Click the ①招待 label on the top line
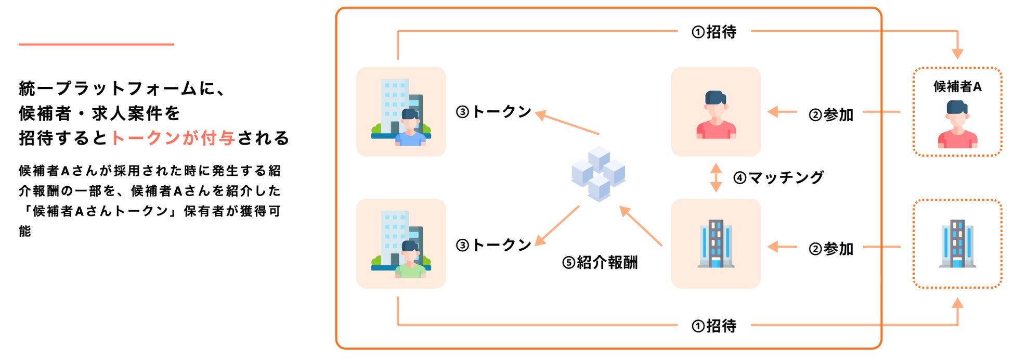(x=714, y=32)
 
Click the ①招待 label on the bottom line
(x=714, y=326)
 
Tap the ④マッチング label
(x=778, y=177)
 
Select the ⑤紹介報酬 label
(x=600, y=262)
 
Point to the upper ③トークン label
(x=493, y=111)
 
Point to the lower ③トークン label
(x=493, y=245)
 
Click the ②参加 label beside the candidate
(x=831, y=114)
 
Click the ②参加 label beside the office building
(x=831, y=249)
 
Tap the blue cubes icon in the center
(x=599, y=174)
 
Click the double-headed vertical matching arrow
(x=716, y=177)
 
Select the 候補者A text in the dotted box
(x=957, y=86)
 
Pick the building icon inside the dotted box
(x=957, y=243)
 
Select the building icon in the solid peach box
(x=716, y=243)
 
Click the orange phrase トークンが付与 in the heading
(x=173, y=138)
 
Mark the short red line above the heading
(x=96, y=44)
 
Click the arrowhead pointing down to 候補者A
(x=957, y=54)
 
